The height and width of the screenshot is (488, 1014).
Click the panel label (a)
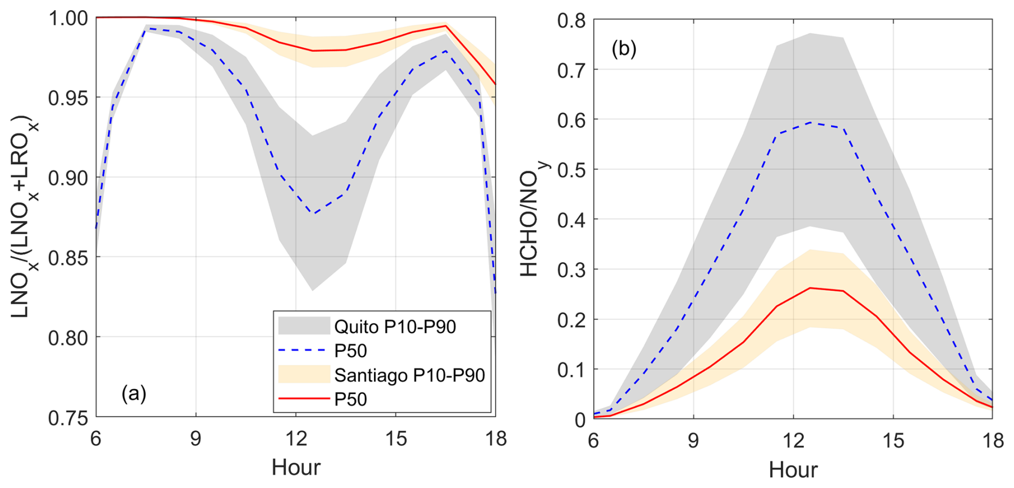click(x=134, y=394)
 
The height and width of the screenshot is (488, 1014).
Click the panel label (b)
click(x=624, y=49)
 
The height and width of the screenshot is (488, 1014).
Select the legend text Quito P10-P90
click(x=395, y=327)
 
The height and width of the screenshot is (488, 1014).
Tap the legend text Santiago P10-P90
click(x=409, y=375)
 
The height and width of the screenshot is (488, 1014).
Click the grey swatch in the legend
click(x=303, y=326)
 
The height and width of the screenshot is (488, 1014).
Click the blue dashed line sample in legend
click(x=303, y=351)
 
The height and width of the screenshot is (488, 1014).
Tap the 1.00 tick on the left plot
click(x=68, y=18)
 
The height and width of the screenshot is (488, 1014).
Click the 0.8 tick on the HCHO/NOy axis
click(x=571, y=21)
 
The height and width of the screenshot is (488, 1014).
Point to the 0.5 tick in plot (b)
click(x=571, y=170)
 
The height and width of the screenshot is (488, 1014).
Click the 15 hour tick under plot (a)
click(x=396, y=439)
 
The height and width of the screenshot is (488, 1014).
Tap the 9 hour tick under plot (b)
click(x=694, y=441)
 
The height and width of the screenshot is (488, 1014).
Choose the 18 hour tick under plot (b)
click(x=992, y=441)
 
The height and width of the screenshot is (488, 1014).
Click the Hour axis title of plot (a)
click(x=296, y=468)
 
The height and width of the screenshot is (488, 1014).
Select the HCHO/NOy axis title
click(x=532, y=220)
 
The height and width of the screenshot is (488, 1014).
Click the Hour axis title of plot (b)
click(x=793, y=470)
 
